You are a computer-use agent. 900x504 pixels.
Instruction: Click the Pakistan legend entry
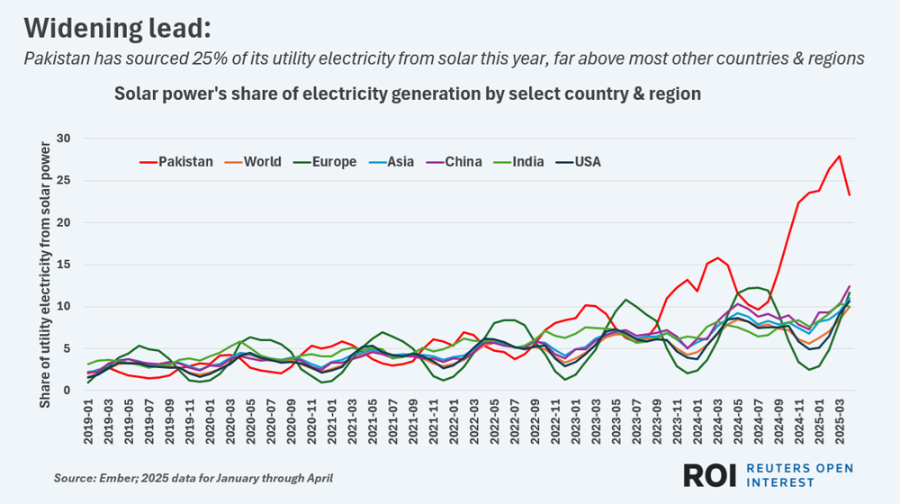click(x=185, y=163)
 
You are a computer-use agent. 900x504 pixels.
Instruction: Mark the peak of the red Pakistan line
click(x=840, y=156)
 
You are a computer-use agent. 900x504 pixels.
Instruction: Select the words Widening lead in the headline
click(x=117, y=28)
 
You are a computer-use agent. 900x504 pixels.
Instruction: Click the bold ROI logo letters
click(x=711, y=475)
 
